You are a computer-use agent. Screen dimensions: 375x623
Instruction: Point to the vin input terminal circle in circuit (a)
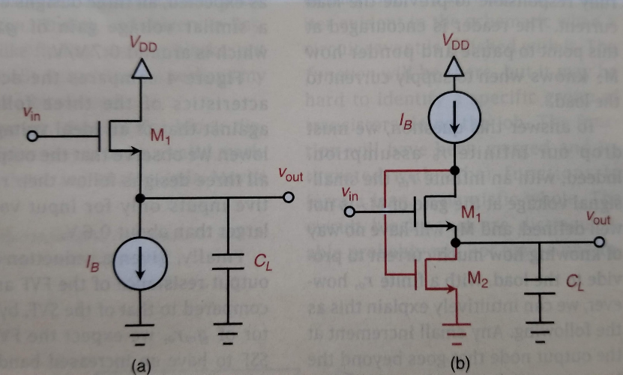pyautogui.click(x=31, y=136)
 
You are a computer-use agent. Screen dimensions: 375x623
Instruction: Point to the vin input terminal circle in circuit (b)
pyautogui.click(x=349, y=211)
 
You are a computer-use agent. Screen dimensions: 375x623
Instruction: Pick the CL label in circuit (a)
pyautogui.click(x=262, y=262)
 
